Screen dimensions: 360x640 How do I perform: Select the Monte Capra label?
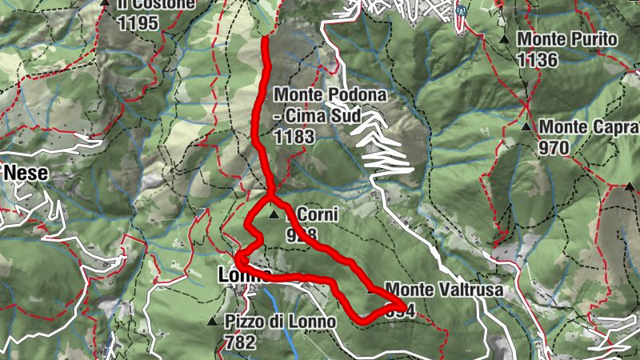(589, 127)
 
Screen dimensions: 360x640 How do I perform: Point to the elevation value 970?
(553, 148)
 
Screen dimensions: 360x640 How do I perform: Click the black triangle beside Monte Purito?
(503, 39)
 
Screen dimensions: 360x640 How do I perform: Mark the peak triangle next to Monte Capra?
(526, 127)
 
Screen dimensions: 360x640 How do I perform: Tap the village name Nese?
(26, 172)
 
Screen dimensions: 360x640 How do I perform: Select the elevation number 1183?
(294, 137)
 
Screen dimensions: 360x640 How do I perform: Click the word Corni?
(318, 214)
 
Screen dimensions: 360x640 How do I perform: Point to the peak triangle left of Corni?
(274, 214)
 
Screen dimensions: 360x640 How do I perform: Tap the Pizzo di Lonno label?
(280, 322)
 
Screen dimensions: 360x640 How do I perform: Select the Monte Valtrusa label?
(444, 290)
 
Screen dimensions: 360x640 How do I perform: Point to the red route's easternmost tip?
(402, 305)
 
